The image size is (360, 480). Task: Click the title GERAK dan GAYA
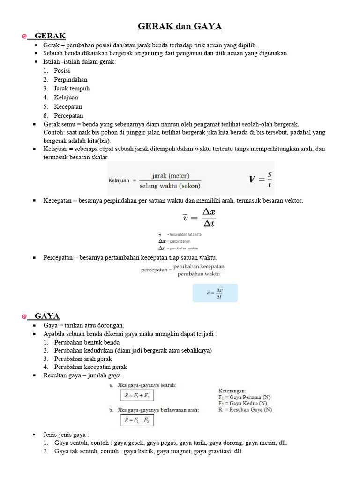pos(180,26)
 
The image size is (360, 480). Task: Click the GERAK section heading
pos(50,36)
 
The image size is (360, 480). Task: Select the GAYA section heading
pos(47,316)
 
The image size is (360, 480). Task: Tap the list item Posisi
pos(62,70)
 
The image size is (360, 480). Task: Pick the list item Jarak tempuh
pos(72,89)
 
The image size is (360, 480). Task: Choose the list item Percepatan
pos(68,116)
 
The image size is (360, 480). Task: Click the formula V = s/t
pos(260,179)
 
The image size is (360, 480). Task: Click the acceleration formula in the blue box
pos(215,293)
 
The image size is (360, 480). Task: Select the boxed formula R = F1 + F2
pos(137,396)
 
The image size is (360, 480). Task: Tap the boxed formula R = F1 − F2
pos(137,420)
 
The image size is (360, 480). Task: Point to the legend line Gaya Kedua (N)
pos(243,403)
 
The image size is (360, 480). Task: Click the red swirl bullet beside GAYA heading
pos(24,317)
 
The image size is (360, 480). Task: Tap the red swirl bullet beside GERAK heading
pos(24,37)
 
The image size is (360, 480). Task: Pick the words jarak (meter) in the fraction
pos(171,176)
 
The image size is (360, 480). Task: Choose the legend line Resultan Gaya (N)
pos(245,409)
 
